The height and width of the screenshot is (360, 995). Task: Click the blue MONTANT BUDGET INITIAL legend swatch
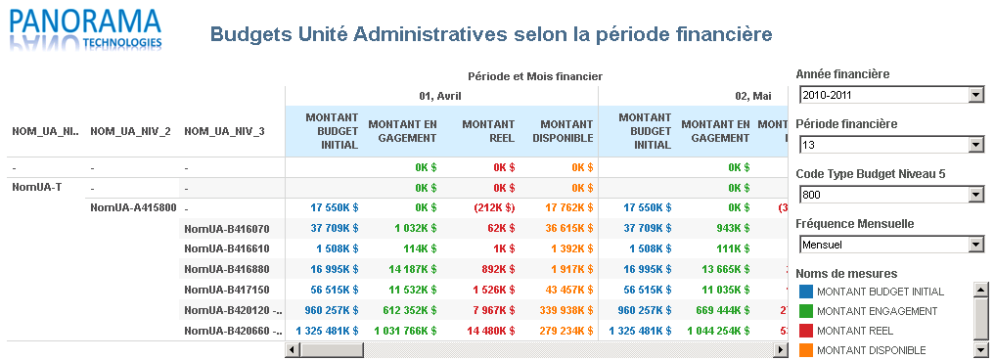pos(806,292)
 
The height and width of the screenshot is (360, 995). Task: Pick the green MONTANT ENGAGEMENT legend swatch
pos(806,311)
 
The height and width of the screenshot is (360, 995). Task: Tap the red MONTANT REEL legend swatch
pos(806,331)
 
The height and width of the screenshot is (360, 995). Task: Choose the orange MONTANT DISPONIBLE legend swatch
pos(806,350)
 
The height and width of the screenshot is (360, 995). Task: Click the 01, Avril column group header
pos(440,96)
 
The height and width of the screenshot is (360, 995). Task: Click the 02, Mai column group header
pos(753,96)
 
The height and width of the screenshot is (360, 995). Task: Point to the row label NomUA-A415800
pos(133,207)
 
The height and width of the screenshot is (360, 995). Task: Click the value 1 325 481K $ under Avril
pos(326,331)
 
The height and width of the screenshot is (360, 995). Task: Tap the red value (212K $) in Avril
pos(492,207)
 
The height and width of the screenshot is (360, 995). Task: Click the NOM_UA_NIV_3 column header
pos(224,131)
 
